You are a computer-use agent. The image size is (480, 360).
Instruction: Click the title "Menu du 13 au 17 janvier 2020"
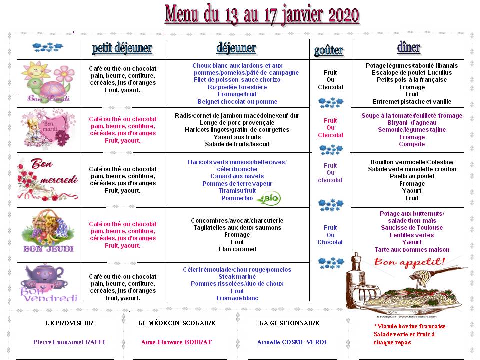click(x=262, y=14)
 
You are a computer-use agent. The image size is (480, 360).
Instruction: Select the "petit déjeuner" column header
click(x=122, y=48)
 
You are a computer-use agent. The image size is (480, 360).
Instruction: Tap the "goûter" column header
click(x=329, y=50)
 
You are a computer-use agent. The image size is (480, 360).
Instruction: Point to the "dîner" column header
click(x=409, y=47)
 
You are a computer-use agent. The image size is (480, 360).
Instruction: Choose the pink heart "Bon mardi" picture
click(x=48, y=129)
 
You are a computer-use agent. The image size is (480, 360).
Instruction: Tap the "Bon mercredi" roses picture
click(x=48, y=179)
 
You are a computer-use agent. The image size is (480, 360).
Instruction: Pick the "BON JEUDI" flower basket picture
click(x=48, y=231)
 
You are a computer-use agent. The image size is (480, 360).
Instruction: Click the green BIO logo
click(x=269, y=198)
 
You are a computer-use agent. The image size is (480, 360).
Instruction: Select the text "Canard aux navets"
click(x=237, y=176)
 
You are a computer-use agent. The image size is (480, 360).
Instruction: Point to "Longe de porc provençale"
click(x=237, y=123)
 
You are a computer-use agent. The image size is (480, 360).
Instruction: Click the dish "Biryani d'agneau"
click(x=412, y=123)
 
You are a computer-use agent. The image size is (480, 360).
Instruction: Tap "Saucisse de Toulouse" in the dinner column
click(x=412, y=228)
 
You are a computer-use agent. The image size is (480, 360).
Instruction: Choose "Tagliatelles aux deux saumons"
click(x=237, y=228)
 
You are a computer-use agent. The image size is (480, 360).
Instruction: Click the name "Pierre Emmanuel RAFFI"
click(x=69, y=342)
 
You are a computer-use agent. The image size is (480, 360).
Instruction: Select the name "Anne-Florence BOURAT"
click(x=176, y=342)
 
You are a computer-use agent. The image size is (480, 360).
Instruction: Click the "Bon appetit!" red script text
click(x=410, y=262)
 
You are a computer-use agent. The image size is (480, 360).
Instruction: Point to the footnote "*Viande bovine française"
click(x=409, y=326)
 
